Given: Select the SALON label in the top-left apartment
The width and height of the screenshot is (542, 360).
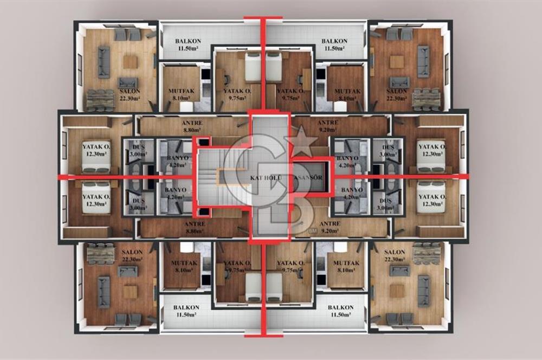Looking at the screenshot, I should click(130, 94).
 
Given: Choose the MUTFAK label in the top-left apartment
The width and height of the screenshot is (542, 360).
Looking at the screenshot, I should click(182, 95).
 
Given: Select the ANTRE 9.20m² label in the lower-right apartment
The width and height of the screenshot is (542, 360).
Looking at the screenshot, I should click(330, 227).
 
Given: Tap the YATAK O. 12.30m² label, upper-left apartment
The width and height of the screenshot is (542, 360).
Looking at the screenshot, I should click(96, 150).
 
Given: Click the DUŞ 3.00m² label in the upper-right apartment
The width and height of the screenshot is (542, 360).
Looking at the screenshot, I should click(388, 151).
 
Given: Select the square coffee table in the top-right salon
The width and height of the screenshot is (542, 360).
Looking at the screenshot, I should click(397, 62).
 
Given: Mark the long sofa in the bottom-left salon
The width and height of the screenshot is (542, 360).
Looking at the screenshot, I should click(104, 292).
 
